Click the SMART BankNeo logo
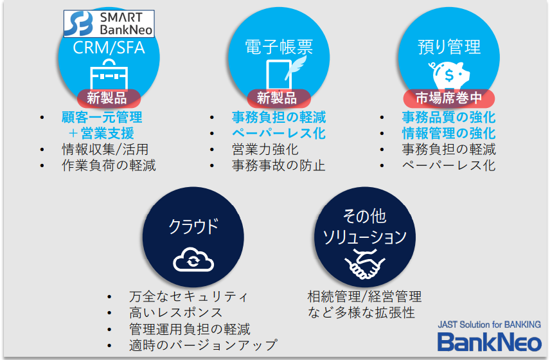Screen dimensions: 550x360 109,24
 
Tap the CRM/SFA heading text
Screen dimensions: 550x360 109,48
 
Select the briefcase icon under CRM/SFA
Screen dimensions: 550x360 109,75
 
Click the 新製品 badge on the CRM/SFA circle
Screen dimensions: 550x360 109,98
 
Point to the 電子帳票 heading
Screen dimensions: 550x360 279,47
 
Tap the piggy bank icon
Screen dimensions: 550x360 449,75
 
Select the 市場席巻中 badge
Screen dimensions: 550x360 449,98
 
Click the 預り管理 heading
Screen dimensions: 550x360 449,47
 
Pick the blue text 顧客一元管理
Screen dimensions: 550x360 102,117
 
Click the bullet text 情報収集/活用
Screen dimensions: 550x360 105,150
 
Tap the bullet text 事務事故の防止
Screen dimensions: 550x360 279,166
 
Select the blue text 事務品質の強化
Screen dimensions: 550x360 449,117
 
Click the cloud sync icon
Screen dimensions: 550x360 193,260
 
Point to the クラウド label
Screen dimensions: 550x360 193,226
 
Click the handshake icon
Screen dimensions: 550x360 365,264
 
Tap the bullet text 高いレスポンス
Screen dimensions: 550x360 176,312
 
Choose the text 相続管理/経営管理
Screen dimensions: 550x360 364,296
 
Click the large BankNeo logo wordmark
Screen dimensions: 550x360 490,342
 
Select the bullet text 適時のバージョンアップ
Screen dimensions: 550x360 203,345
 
